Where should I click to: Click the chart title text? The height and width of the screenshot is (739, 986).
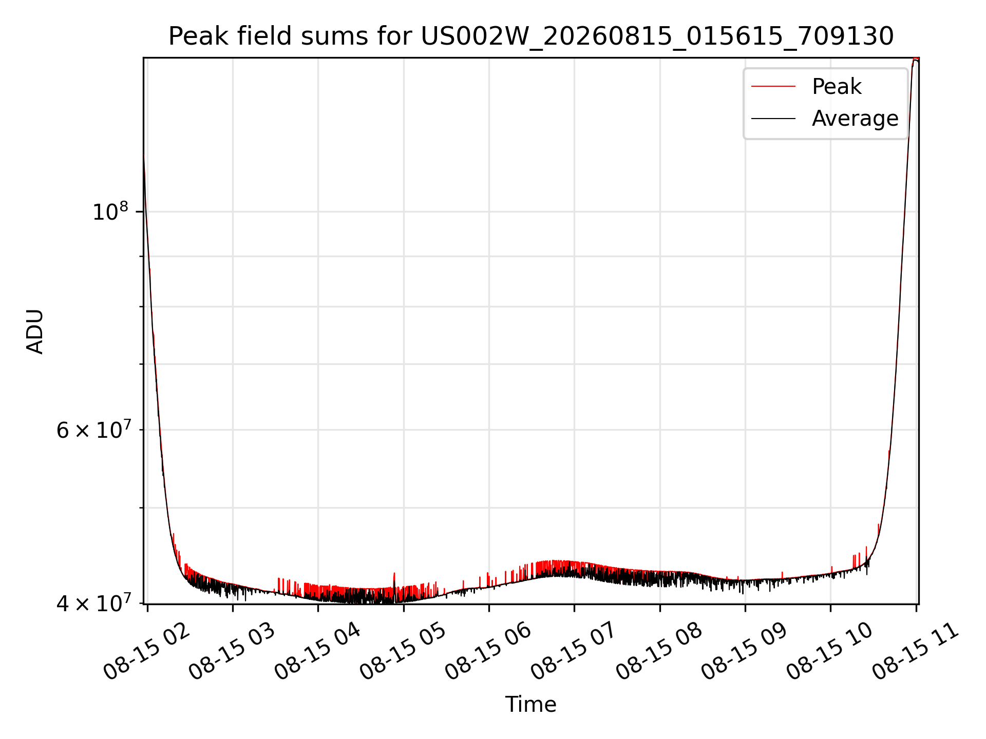pyautogui.click(x=531, y=36)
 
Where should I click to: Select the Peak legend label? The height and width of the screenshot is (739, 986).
pyautogui.click(x=837, y=86)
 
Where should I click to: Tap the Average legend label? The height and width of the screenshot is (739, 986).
pyautogui.click(x=855, y=119)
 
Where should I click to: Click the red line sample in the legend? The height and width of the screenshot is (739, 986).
pyautogui.click(x=773, y=86)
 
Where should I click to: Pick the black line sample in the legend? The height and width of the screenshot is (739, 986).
pyautogui.click(x=773, y=119)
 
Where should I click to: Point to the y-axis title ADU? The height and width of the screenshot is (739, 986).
pyautogui.click(x=35, y=331)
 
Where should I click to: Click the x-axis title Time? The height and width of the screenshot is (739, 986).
pyautogui.click(x=530, y=704)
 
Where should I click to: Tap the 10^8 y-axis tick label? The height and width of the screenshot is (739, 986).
pyautogui.click(x=110, y=211)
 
